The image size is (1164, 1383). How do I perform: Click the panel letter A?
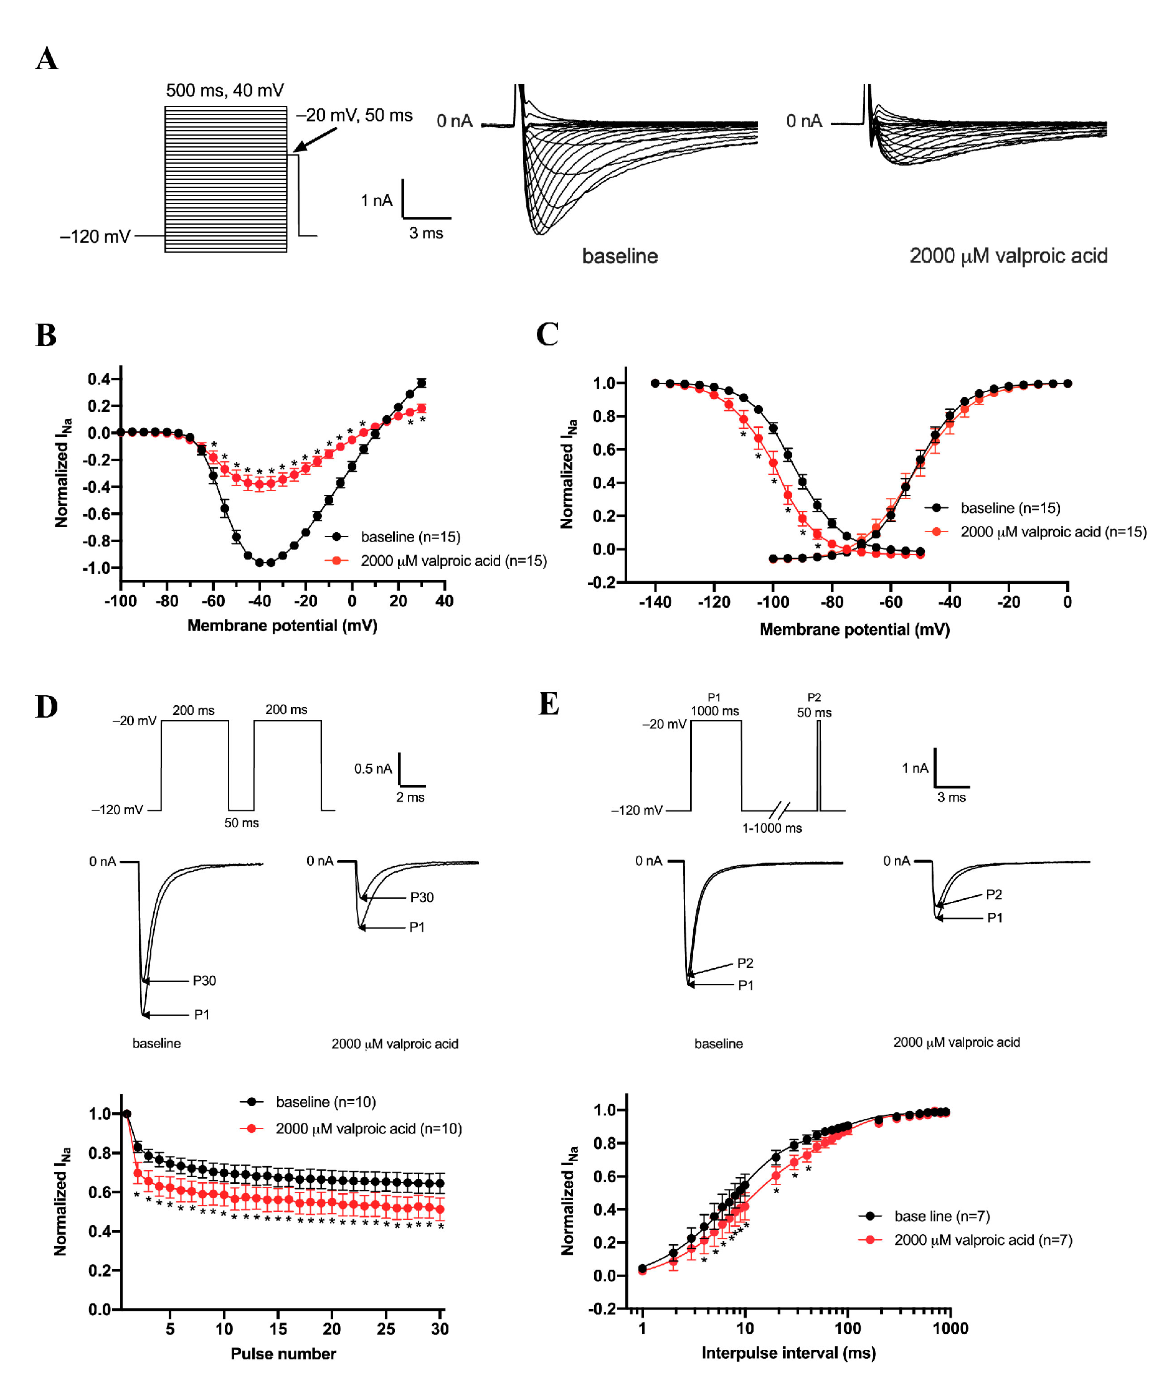47,59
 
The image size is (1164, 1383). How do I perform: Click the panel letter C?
547,334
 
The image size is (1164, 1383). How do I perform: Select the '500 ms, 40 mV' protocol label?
224,90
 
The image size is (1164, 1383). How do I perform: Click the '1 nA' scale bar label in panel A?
376,200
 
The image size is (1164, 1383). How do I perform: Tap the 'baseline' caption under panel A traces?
620,256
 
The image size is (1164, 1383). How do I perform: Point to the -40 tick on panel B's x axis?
259,601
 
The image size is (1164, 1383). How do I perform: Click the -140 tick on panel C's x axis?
655,602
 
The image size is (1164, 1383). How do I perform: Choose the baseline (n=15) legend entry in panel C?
1010,508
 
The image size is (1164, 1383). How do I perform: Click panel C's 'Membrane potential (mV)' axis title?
854,629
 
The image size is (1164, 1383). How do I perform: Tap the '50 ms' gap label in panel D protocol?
242,823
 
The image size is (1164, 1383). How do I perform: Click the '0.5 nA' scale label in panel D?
373,769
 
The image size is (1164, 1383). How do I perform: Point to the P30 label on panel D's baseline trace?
204,981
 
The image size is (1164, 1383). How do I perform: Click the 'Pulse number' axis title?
283,1354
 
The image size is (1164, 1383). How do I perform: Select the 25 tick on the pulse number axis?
386,1329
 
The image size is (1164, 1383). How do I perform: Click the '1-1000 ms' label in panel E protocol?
772,828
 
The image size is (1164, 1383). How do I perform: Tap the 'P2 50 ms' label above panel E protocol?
813,706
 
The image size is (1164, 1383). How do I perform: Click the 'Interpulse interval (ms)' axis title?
788,1353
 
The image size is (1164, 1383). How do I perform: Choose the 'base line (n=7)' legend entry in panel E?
942,1216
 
